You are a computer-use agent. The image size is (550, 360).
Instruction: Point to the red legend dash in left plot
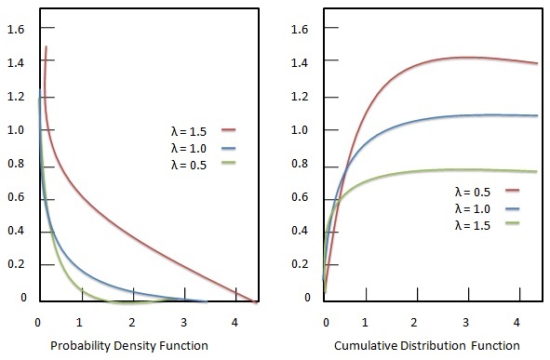[x=230, y=130]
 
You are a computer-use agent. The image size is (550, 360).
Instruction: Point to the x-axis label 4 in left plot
[x=235, y=322]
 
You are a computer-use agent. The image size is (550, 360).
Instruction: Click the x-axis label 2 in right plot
[x=418, y=322]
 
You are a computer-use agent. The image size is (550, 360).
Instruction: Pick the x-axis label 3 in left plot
[x=184, y=322]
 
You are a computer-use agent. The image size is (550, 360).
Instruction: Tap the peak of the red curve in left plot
[x=46, y=47]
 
